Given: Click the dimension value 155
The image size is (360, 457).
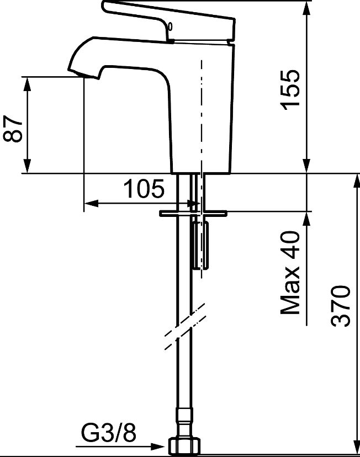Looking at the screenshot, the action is point(290,90).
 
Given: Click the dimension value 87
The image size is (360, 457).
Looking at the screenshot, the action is point(13,129).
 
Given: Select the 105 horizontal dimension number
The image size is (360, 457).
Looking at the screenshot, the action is point(144,189).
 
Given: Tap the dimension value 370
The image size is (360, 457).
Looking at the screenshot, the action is point(340,306).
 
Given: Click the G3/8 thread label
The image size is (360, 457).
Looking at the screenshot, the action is point(108,433).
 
